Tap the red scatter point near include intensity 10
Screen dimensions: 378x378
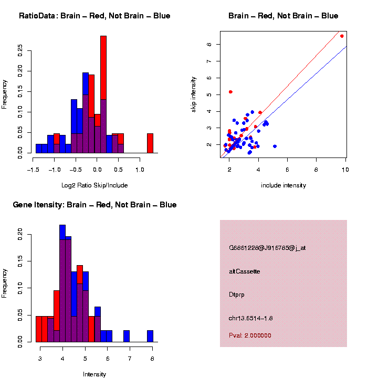342,36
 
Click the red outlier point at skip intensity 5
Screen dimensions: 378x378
230,92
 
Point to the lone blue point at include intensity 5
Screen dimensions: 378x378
275,146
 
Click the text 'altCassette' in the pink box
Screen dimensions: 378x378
245,271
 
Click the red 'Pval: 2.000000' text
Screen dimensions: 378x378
250,335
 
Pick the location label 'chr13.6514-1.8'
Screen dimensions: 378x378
250,318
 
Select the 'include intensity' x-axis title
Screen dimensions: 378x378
283,185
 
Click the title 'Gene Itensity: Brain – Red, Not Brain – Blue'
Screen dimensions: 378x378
94,205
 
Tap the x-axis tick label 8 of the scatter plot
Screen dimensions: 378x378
316,169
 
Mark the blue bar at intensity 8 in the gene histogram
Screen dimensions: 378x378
150,336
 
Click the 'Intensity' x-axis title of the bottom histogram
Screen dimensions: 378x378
94,374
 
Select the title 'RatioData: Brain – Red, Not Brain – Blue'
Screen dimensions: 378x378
94,16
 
